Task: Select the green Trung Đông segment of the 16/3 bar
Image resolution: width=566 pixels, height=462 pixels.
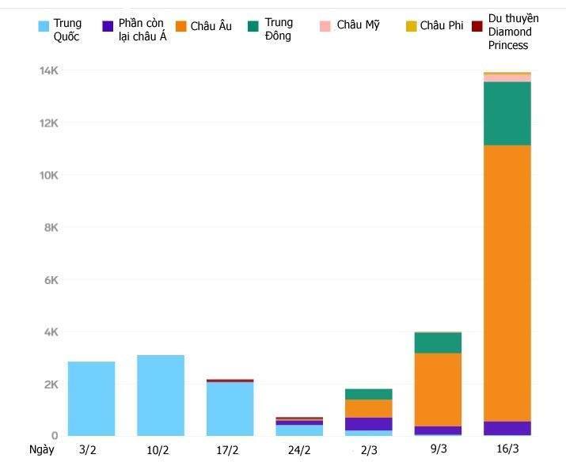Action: click(x=507, y=113)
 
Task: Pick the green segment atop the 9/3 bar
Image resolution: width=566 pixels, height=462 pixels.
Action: click(x=438, y=343)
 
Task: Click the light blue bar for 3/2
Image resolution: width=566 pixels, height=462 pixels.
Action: click(x=91, y=398)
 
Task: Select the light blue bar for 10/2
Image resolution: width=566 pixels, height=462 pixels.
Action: click(x=160, y=395)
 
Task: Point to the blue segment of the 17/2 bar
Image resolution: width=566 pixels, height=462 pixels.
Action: click(x=230, y=408)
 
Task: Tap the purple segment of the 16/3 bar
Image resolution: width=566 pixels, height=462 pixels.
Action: click(x=507, y=428)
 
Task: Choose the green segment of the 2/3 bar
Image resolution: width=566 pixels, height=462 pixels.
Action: click(x=368, y=394)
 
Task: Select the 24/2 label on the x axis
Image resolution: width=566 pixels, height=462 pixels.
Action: click(x=299, y=449)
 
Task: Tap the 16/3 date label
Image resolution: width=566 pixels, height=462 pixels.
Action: click(x=507, y=449)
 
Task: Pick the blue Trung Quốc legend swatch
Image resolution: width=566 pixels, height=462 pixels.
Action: click(x=44, y=26)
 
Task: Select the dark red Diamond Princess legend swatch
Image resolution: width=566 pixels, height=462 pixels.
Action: click(x=477, y=26)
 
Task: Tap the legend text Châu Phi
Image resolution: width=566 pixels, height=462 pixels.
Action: click(x=442, y=25)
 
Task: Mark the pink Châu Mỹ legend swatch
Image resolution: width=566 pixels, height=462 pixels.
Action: click(x=325, y=26)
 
